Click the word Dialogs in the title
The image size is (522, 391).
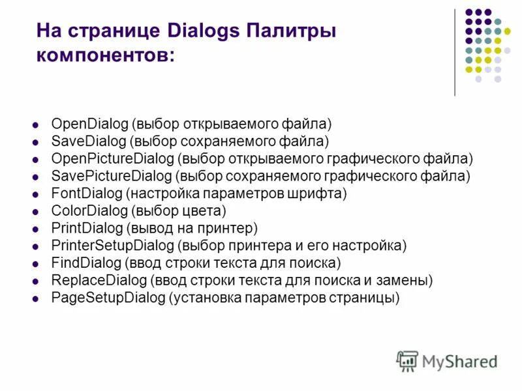[x=196, y=31]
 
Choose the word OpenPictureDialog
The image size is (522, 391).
[x=112, y=158]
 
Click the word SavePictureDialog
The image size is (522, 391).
[x=111, y=176]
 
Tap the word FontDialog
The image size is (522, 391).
[x=86, y=194]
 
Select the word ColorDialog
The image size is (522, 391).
[x=89, y=211]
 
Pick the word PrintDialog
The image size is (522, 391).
[x=87, y=228]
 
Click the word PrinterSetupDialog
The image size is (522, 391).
[x=112, y=246]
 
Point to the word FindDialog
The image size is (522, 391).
[x=86, y=263]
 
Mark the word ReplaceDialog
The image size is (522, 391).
[x=99, y=281]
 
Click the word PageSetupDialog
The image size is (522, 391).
[x=108, y=298]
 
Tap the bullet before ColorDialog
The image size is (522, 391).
[x=37, y=211]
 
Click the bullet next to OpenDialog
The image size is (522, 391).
[x=37, y=123]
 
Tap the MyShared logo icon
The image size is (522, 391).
[x=407, y=360]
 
